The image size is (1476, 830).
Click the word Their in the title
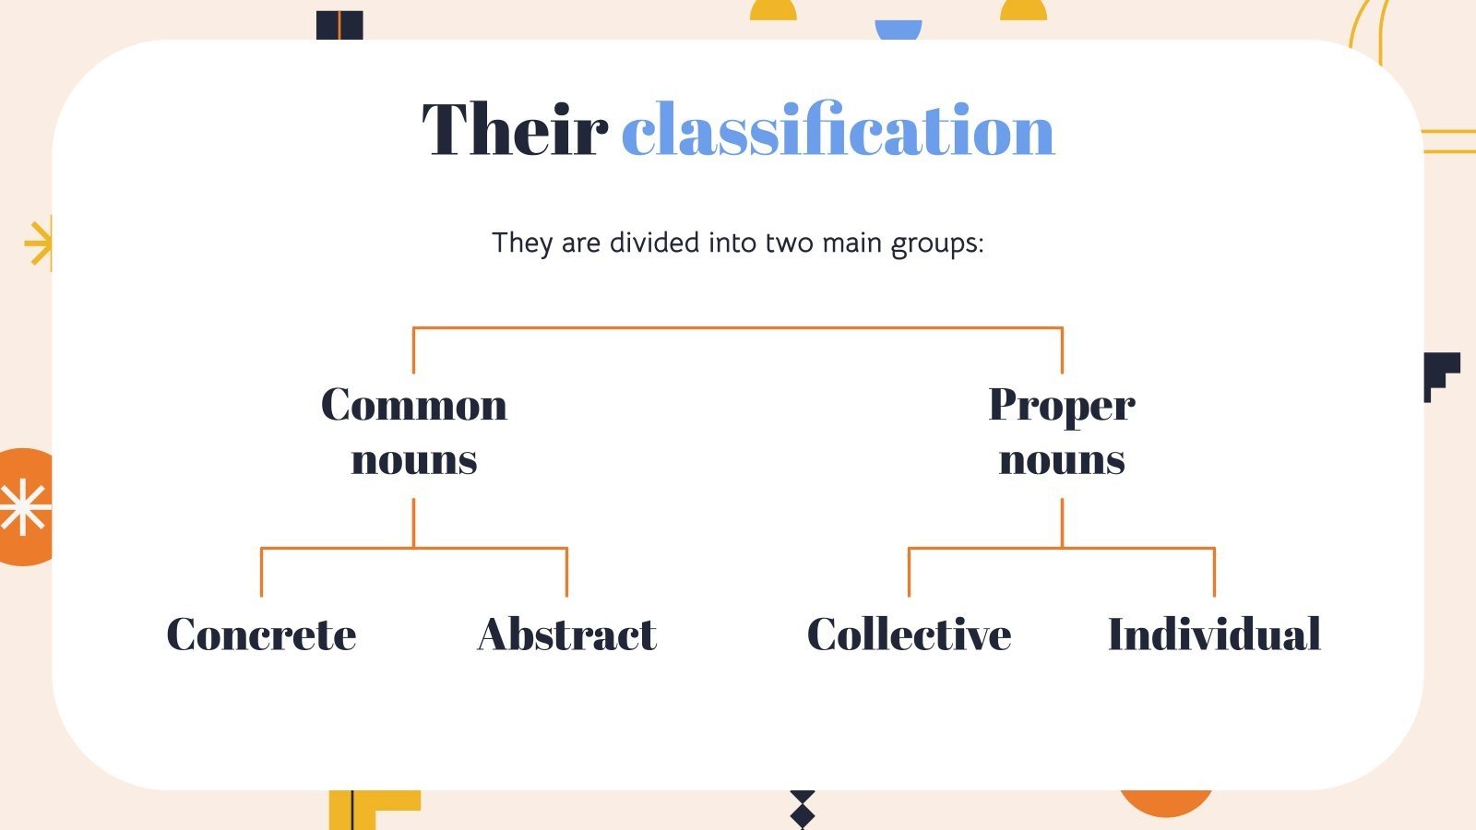point(514,130)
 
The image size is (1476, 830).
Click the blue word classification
point(838,130)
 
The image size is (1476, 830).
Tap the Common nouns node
point(414,432)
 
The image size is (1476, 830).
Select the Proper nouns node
point(1062,432)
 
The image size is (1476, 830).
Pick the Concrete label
point(261,634)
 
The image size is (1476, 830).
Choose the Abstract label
point(567,634)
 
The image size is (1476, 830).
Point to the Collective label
point(909,634)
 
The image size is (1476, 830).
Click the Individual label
point(1214,634)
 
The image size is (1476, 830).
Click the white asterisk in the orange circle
point(23,508)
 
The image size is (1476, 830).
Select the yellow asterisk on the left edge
point(40,243)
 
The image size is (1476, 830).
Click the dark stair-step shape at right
point(1440,374)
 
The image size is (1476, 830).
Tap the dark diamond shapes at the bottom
point(803,809)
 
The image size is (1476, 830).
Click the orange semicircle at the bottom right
point(1166,802)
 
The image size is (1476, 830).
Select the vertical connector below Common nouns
point(413,523)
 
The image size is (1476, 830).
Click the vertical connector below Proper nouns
point(1062,523)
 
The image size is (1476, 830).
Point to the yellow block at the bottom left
point(369,809)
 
